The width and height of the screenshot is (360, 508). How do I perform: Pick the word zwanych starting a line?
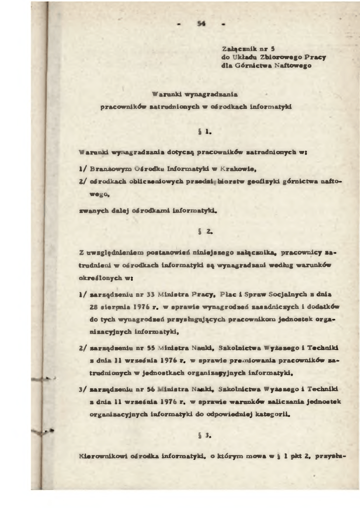click(x=93, y=210)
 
